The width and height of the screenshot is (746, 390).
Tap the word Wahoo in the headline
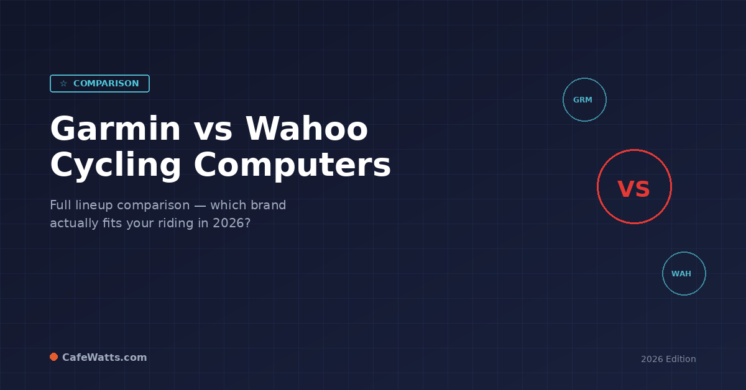click(307, 129)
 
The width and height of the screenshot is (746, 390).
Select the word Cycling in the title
click(116, 166)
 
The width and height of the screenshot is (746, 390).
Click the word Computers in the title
click(292, 166)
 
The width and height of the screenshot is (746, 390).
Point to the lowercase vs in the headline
click(213, 130)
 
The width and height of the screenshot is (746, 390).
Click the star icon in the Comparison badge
click(63, 84)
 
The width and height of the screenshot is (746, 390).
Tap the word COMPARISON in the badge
click(106, 84)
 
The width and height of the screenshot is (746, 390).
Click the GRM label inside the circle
click(583, 100)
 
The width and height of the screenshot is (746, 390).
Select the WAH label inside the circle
click(681, 274)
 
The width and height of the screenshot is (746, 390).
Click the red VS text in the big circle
click(633, 189)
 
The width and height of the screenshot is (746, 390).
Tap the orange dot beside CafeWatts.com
click(54, 357)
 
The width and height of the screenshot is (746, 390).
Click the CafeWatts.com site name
click(104, 358)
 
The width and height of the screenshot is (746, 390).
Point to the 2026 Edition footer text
click(668, 359)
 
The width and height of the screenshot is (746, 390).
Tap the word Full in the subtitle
click(60, 206)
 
